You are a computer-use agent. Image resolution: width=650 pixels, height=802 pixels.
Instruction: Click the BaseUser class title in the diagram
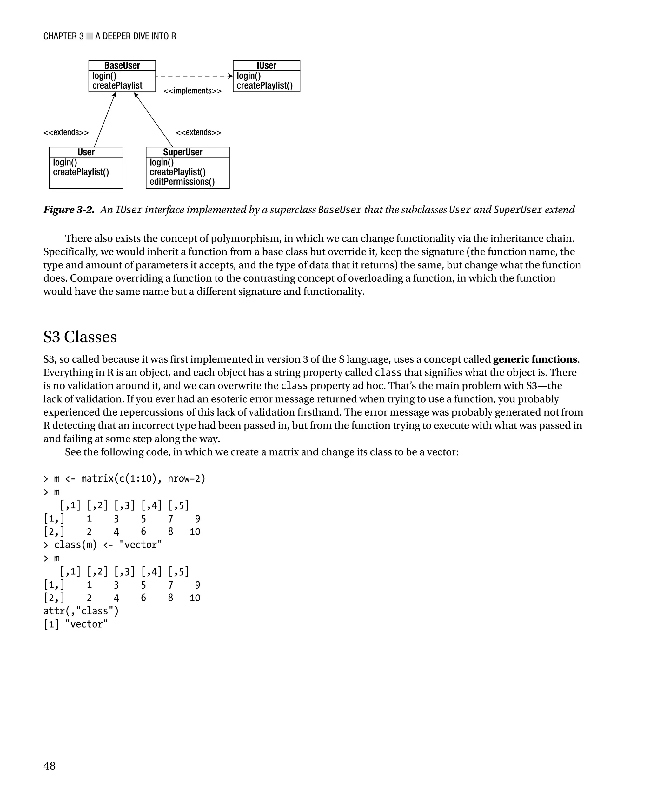[x=122, y=65]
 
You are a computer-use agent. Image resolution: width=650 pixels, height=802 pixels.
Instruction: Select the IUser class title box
[x=266, y=65]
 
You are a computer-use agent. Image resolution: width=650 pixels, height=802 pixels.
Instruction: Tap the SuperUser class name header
[x=183, y=152]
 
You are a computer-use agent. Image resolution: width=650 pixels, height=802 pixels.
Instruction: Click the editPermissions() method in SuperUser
[x=182, y=182]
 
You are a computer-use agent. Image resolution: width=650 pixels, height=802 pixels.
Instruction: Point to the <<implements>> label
[x=192, y=91]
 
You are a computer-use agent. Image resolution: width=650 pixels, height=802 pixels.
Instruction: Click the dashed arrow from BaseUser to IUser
[x=194, y=76]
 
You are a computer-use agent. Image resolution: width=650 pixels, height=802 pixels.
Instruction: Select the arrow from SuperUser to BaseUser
[x=154, y=120]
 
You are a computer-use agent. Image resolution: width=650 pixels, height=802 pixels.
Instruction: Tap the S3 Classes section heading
[x=80, y=337]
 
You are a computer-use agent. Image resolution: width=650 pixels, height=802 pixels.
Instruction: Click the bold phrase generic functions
[x=535, y=359]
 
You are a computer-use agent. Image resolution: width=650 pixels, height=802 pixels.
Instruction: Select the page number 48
[x=50, y=766]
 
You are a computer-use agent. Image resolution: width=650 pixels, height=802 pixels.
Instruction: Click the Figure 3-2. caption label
[x=69, y=210]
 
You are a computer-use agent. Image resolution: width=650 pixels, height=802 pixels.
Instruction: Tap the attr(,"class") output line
[x=81, y=611]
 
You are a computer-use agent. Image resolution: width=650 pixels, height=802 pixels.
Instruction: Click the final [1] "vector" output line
[x=76, y=624]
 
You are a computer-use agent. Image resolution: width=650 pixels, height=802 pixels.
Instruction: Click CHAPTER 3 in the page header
[x=63, y=36]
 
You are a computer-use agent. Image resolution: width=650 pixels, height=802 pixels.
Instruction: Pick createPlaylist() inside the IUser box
[x=264, y=86]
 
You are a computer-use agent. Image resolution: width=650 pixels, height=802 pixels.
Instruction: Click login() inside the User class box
[x=65, y=163]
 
